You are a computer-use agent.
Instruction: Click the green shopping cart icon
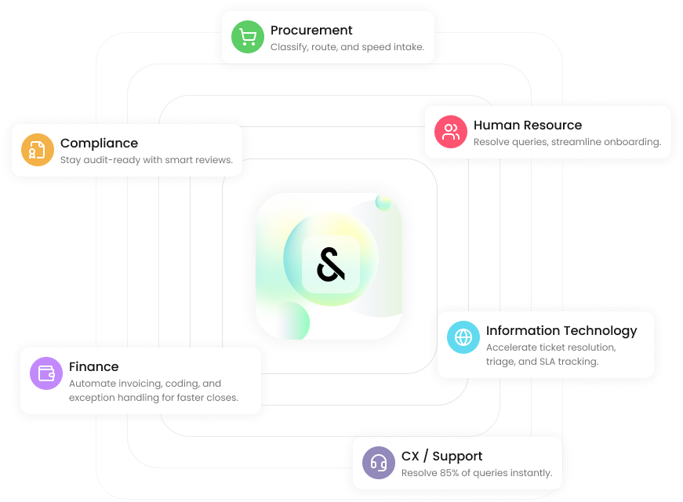[248, 38]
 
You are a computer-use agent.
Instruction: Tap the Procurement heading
[311, 31]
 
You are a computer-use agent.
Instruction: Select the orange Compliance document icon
[37, 150]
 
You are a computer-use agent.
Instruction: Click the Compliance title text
[99, 143]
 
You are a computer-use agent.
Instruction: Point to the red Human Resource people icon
[451, 132]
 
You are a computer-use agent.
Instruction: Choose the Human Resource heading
[527, 125]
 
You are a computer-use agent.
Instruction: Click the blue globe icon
[463, 337]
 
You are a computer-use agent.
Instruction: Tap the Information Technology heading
[561, 330]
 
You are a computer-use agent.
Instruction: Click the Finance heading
[93, 366]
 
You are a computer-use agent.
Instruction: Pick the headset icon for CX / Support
[379, 463]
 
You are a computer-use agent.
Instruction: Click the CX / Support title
[441, 456]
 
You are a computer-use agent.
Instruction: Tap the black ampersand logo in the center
[330, 265]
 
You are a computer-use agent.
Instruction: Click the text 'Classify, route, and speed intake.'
[347, 47]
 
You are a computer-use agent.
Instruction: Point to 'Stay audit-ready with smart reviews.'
[146, 160]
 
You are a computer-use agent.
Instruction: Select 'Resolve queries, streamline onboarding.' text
[566, 142]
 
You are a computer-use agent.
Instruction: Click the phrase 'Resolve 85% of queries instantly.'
[476, 473]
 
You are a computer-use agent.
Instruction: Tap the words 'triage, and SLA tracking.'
[542, 362]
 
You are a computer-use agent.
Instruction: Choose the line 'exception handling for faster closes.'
[153, 398]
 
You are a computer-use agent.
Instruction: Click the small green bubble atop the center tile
[383, 202]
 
